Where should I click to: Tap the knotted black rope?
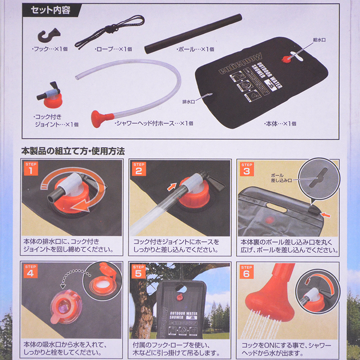click(110, 31)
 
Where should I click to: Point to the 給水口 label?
click(319, 40)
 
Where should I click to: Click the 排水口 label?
click(189, 102)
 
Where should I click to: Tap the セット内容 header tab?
click(50, 10)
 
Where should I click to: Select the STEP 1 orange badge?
click(31, 168)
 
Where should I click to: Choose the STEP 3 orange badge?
click(247, 169)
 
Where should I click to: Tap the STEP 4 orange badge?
click(31, 271)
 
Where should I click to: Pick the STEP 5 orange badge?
click(139, 271)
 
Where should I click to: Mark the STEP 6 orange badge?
click(247, 271)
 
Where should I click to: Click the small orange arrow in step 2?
click(171, 186)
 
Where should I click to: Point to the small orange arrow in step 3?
click(326, 215)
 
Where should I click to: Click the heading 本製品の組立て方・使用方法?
click(73, 151)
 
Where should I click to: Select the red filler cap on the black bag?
click(287, 59)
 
